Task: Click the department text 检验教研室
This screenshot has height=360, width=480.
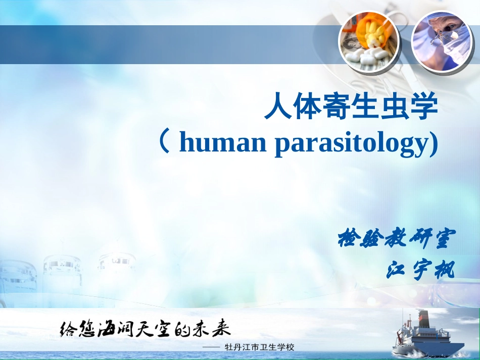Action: pyautogui.click(x=397, y=238)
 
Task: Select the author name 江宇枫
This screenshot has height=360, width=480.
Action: pyautogui.click(x=420, y=271)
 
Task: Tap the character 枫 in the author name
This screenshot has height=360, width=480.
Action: pyautogui.click(x=446, y=271)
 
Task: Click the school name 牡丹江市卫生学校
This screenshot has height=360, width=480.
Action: pyautogui.click(x=261, y=347)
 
